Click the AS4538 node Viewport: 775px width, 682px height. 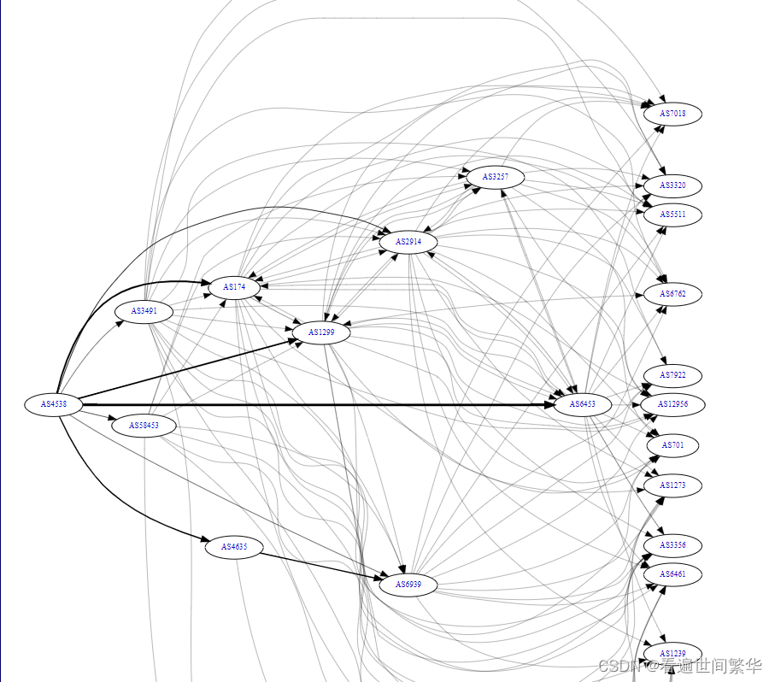(53, 404)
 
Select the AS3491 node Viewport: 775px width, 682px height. (144, 312)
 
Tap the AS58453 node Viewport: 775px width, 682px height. (144, 426)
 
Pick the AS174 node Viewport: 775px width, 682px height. (234, 288)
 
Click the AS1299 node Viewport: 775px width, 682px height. (321, 332)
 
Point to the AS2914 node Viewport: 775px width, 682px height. (408, 243)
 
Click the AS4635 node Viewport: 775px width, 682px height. (234, 547)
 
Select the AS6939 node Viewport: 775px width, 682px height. (408, 585)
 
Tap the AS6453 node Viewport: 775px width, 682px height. (583, 404)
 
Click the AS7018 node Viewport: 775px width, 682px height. (672, 114)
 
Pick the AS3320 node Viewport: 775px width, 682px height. (672, 185)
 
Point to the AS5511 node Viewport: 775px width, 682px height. (672, 215)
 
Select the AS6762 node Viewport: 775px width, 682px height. (672, 294)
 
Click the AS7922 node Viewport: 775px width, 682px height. (672, 376)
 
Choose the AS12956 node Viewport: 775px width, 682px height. (672, 404)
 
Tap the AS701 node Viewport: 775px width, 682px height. (672, 446)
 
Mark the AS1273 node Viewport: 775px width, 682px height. (672, 485)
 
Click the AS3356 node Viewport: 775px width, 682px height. (672, 545)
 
